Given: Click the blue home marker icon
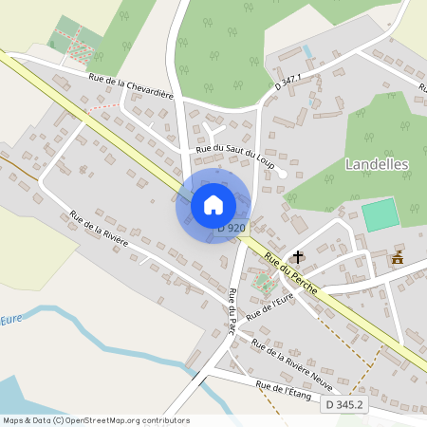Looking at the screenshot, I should tap(213, 204).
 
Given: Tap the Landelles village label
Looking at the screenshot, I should tap(377, 163).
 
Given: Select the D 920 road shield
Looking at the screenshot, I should tap(232, 228).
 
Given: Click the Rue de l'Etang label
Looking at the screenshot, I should tap(284, 392).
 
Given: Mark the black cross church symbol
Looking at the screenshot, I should tap(298, 256).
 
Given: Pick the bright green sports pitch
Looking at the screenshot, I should tap(381, 213).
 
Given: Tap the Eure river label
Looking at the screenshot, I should tap(11, 320).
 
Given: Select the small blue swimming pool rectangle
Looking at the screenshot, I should tap(306, 50).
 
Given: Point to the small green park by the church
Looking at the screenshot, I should tap(263, 282).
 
